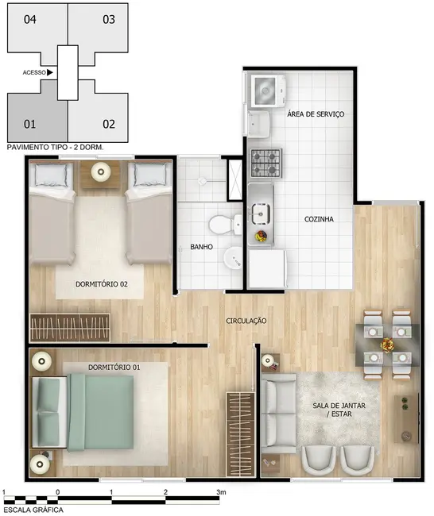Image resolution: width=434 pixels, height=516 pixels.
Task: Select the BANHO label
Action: pyautogui.click(x=202, y=248)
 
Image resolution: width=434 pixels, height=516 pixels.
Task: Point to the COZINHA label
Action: pyautogui.click(x=318, y=218)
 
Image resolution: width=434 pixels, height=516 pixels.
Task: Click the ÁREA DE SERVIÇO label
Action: pyautogui.click(x=316, y=114)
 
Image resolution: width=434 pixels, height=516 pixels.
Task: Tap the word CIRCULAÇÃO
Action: pyautogui.click(x=246, y=321)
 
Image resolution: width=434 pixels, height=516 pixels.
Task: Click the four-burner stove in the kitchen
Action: pyautogui.click(x=265, y=163)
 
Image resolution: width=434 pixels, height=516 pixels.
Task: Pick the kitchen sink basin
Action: pyautogui.click(x=260, y=212)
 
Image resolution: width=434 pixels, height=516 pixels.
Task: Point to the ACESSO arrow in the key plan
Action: pyautogui.click(x=50, y=72)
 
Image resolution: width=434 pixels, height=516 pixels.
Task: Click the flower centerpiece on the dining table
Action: pyautogui.click(x=387, y=345)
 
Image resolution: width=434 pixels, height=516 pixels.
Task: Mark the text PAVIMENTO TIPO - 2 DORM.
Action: pyautogui.click(x=54, y=148)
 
